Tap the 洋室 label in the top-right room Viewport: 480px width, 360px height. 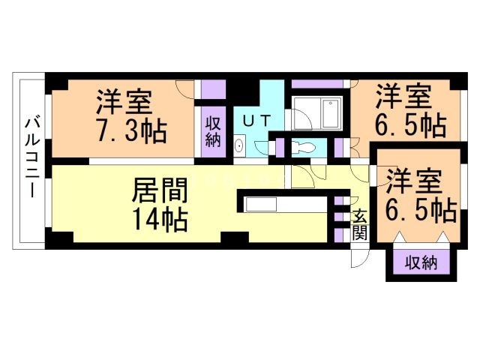coord(405,96)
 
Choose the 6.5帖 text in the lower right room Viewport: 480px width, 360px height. coord(421,211)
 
